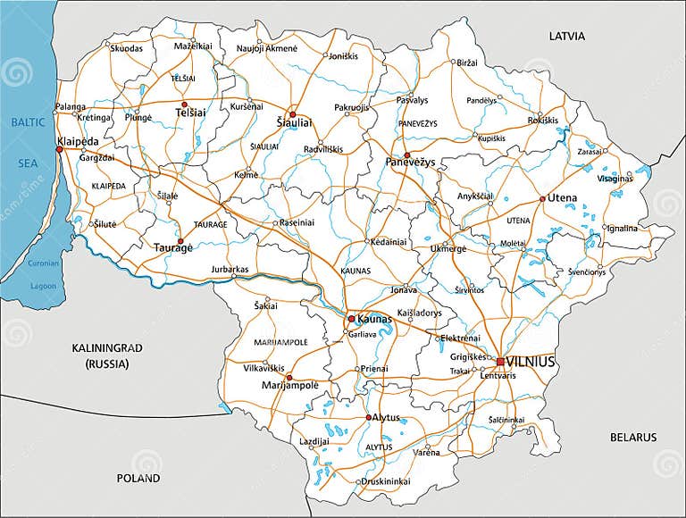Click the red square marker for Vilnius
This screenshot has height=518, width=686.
coord(500,362)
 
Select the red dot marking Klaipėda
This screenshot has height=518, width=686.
coord(59,149)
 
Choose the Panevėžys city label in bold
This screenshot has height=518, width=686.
coord(410,163)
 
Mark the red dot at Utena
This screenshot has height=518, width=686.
coord(542,198)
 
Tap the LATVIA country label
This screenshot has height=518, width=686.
coord(566,37)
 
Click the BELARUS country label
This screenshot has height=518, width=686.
coord(632,437)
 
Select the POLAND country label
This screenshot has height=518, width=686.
coord(138,478)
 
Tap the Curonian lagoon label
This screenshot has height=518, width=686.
coord(43,263)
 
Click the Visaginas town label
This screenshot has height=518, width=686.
coord(615,178)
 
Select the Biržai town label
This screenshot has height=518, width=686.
coord(467,63)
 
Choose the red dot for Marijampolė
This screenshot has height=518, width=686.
coord(289,378)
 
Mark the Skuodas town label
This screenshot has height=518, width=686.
coord(126,48)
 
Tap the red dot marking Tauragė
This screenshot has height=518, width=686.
coord(180,241)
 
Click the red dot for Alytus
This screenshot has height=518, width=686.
coord(368,417)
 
